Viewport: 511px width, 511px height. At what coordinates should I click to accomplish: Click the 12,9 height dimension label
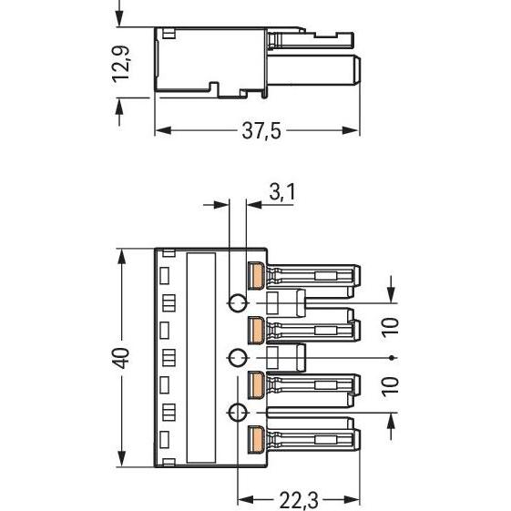coord(121,65)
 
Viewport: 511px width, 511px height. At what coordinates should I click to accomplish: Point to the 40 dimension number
coord(122,355)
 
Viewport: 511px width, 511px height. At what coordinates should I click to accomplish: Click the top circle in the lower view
coord(237,302)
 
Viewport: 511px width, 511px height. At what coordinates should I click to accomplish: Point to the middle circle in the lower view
coord(237,357)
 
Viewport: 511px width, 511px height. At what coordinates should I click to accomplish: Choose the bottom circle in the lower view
coord(237,413)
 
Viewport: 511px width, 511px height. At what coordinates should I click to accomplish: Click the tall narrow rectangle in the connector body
coord(201,355)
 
